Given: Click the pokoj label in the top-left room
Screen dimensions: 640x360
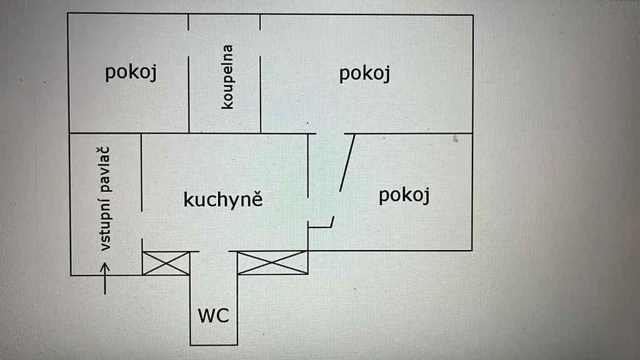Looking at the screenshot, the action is (131, 72).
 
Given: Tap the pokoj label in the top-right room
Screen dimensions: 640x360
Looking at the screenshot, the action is (364, 74).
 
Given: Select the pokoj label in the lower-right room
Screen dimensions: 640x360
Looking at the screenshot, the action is (404, 195).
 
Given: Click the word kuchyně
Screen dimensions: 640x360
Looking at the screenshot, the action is (223, 199).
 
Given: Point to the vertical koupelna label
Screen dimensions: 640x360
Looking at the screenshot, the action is (227, 77).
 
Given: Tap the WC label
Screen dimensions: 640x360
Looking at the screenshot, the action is (214, 316).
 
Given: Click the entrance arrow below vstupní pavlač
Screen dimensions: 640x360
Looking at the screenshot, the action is (105, 278).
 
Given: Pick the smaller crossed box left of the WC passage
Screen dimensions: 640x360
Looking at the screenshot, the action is (166, 263).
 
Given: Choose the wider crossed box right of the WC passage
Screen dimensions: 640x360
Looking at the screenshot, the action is (272, 262).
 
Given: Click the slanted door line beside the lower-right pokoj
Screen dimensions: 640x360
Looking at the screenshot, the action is (347, 162).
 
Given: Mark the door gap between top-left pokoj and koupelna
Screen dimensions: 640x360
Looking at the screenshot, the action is (189, 43).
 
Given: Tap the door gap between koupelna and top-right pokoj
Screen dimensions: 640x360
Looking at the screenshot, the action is (261, 43).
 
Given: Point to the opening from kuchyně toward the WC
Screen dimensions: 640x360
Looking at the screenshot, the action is (214, 251).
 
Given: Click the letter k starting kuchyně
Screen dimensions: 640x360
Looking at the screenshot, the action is (187, 199).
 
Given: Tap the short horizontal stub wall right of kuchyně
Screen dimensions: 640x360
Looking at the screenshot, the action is (320, 226).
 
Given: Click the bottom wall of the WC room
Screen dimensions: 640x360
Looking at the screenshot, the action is (214, 345).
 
